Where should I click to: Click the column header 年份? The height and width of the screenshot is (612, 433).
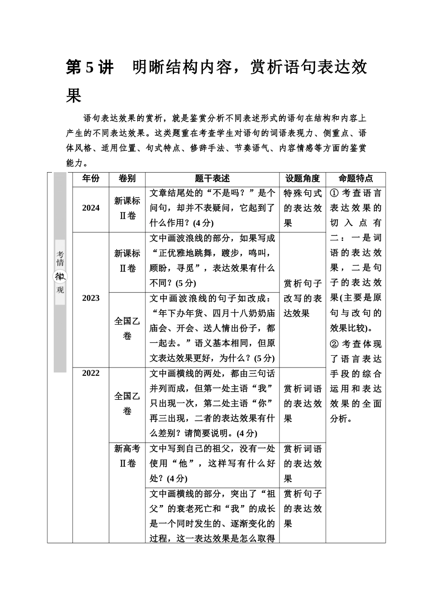point(91,179)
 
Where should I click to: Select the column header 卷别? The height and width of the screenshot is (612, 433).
point(127,179)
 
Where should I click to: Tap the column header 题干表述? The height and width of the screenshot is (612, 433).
point(212,179)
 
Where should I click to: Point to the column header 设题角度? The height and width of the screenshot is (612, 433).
point(303,179)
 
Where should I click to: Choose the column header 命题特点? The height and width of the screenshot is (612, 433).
point(356,179)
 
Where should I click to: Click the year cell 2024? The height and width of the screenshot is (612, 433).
point(91,208)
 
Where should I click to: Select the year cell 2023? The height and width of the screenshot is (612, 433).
point(91,298)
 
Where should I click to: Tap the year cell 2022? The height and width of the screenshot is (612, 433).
point(91,373)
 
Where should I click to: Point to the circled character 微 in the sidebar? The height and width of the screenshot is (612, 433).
point(60,276)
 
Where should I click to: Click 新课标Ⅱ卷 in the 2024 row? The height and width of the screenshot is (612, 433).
point(127,208)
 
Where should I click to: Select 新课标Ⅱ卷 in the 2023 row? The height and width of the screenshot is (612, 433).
point(127,261)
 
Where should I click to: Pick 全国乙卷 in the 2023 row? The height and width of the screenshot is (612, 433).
point(127,328)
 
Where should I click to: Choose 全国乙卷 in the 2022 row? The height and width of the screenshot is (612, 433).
point(127,403)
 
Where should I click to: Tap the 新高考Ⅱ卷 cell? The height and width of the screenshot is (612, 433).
point(127,456)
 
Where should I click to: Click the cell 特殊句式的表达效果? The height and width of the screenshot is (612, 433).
point(303,208)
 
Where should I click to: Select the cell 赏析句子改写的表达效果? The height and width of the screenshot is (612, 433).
point(303,298)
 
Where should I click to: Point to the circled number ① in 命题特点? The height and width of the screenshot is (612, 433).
point(334,193)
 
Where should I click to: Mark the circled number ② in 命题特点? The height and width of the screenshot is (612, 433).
point(334,344)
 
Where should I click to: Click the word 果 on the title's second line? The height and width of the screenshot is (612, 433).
point(74,96)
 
